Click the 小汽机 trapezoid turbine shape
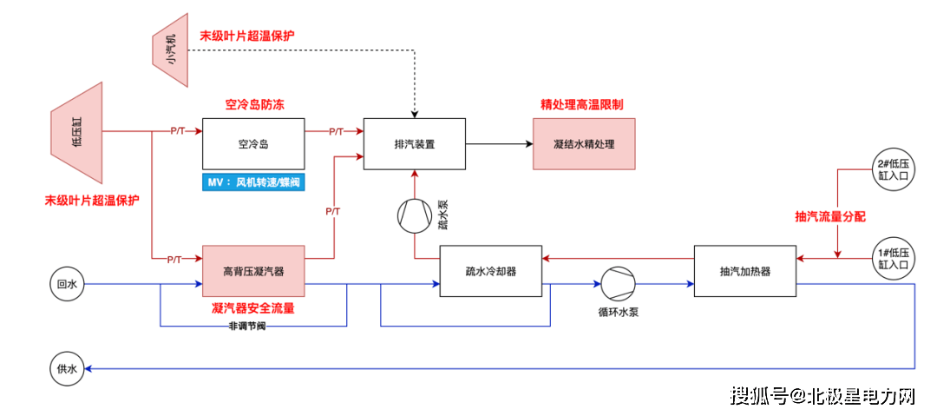point(171,50)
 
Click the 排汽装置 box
point(414,144)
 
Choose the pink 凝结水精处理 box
point(584,144)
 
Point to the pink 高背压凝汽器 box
point(253,270)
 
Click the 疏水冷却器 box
point(491,270)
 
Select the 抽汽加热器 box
point(745,270)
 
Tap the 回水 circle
point(67,284)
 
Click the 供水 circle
point(67,369)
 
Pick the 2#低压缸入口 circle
point(893,168)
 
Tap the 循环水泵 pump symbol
point(618,283)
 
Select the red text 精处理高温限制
point(582,104)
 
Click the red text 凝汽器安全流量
point(253,308)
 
